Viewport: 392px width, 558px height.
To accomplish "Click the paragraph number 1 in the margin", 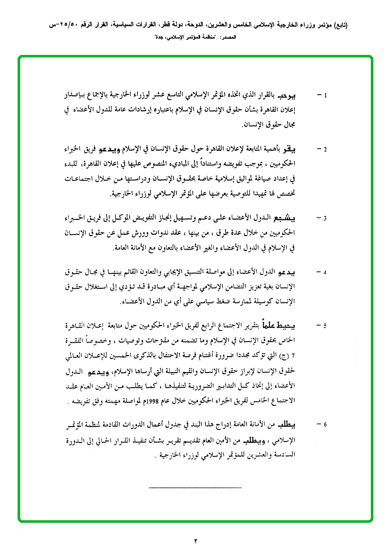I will coord(325,96).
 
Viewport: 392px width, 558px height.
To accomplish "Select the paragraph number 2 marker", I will coord(325,150).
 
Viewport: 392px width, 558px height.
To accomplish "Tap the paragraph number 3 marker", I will coord(325,218).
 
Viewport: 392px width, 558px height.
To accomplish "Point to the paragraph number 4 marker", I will coord(325,272).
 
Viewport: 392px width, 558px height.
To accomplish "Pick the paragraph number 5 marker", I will coord(325,326).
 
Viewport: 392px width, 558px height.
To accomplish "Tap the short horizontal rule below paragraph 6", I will coord(195,488).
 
